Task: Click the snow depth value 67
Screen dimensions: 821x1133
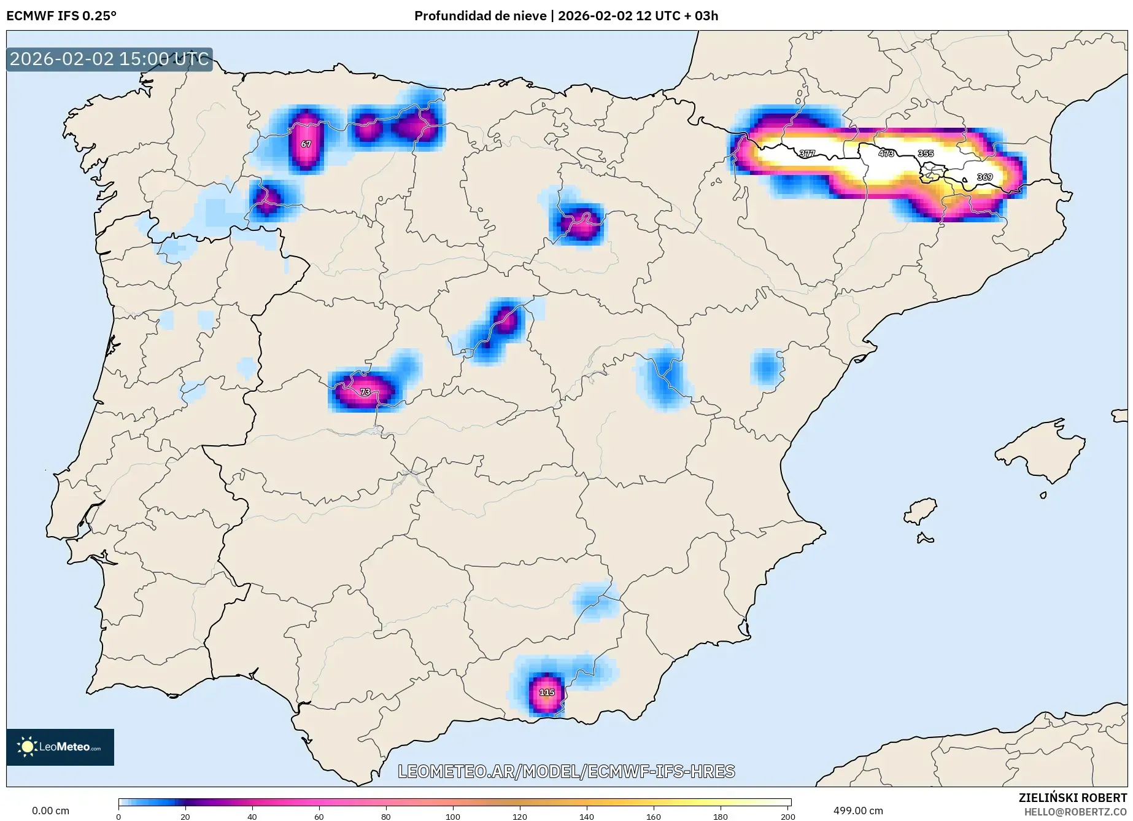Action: (x=306, y=144)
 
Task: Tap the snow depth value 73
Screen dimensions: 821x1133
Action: (x=365, y=392)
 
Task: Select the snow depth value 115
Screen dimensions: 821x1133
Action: (x=546, y=692)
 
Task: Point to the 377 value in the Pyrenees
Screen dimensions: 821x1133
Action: (x=807, y=154)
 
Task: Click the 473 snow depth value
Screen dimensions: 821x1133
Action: (x=886, y=153)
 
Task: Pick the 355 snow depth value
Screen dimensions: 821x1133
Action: (x=926, y=154)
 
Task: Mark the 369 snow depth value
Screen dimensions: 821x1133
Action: (x=984, y=177)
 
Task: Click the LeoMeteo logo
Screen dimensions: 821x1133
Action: (x=60, y=747)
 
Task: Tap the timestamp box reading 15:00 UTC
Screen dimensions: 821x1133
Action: (x=109, y=60)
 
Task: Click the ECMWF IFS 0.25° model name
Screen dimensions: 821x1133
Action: (x=61, y=16)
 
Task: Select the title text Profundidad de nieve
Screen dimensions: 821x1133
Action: (x=480, y=16)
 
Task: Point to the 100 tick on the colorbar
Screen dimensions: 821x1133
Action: (x=453, y=816)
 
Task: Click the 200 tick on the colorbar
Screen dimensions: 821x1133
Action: (x=787, y=816)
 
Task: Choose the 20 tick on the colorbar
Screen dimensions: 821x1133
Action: (x=185, y=816)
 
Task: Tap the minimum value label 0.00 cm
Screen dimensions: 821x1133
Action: (x=50, y=811)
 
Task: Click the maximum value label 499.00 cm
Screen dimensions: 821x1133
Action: (x=858, y=811)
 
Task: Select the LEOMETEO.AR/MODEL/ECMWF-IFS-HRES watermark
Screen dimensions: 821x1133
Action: (x=566, y=771)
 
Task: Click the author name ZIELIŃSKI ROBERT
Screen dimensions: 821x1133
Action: (x=1072, y=798)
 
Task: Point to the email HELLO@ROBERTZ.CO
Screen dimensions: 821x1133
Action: (x=1075, y=812)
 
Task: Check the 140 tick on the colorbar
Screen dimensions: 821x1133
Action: (x=587, y=816)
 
